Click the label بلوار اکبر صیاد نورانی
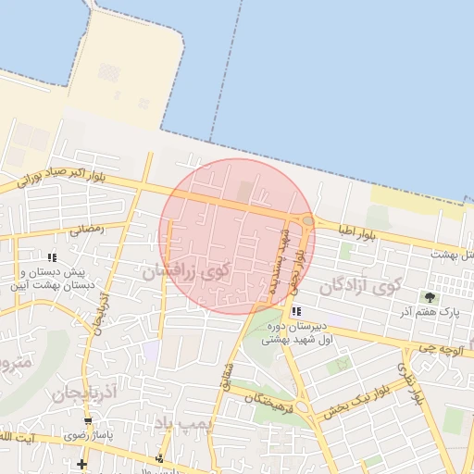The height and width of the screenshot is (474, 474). tap(65, 176)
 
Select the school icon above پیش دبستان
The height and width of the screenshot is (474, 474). tap(52, 257)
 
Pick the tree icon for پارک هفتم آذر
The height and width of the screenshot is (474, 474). tap(429, 297)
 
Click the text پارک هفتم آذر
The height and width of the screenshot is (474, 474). tap(437, 313)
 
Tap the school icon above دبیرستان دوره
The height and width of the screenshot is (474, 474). tap(295, 312)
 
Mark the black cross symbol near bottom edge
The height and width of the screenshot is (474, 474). tap(81, 463)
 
